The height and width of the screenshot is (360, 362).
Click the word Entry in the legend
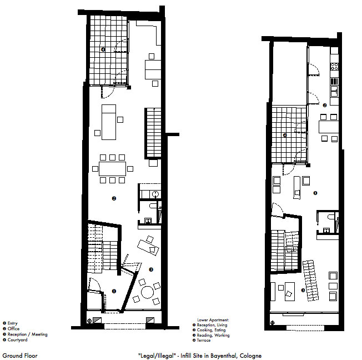[x=12, y=323]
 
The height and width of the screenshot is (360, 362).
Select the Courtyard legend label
[x=17, y=339]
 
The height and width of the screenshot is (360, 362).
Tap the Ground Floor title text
[x=20, y=356]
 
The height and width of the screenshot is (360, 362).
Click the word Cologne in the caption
[x=250, y=356]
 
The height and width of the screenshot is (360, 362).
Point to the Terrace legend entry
[x=204, y=340]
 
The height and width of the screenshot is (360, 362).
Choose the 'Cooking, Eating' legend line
[x=211, y=330]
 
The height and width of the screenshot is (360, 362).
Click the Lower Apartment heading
[x=213, y=320]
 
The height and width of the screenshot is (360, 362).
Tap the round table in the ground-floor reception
[x=147, y=292]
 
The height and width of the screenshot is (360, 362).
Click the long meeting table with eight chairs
[x=113, y=169]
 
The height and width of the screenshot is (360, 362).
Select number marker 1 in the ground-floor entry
[x=114, y=291]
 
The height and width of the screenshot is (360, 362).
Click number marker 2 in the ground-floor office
[x=114, y=198]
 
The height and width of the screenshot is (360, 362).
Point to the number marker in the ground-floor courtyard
[x=103, y=49]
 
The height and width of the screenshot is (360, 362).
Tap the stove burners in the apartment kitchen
[x=334, y=66]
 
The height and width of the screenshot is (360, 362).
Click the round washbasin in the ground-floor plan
[x=156, y=194]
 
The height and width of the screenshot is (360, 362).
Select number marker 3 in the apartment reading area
[x=303, y=290]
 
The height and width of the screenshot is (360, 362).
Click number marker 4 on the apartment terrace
[x=285, y=135]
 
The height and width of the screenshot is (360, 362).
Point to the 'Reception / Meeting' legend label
[x=27, y=334]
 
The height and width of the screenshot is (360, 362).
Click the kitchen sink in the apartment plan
[x=334, y=91]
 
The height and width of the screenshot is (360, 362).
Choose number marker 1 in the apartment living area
[x=315, y=193]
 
